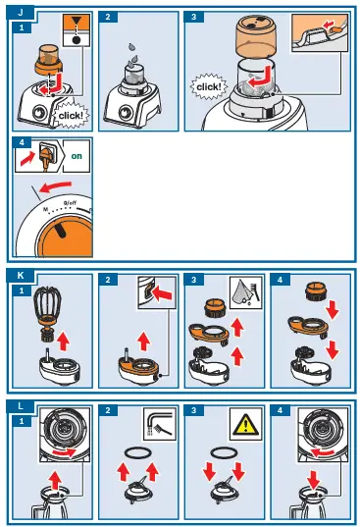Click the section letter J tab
tap(21, 13)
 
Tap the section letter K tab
tap(21, 275)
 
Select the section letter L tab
tap(21, 406)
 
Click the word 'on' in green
tap(77, 156)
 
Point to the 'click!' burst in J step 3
tap(209, 86)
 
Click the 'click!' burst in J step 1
tap(71, 115)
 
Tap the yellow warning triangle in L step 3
tap(246, 424)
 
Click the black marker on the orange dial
tap(61, 231)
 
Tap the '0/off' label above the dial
tap(71, 203)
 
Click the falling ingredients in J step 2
tap(133, 56)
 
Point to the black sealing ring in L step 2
tap(138, 453)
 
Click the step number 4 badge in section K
tap(281, 280)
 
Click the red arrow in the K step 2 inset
tap(162, 294)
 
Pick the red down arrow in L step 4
tap(314, 480)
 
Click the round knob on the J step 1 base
tap(39, 112)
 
